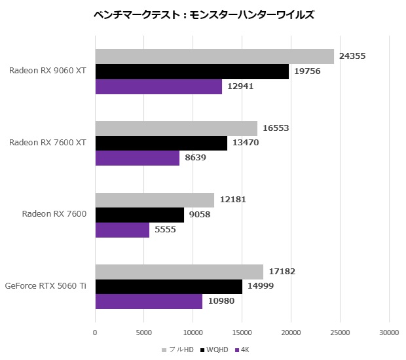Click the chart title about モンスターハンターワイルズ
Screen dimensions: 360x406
(x=204, y=14)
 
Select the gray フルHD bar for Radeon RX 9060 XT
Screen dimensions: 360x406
(x=214, y=56)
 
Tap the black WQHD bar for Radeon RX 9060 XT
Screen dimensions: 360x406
(x=192, y=71)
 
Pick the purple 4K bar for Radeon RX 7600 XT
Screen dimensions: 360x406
(x=137, y=158)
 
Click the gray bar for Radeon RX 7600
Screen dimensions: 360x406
(x=155, y=200)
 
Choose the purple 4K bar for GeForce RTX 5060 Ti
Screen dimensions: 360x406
(x=149, y=301)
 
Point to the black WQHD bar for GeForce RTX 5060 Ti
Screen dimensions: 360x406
(x=168, y=286)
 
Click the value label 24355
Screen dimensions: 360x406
(x=352, y=56)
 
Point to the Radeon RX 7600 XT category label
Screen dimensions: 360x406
(x=48, y=143)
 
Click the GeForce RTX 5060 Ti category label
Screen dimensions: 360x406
(x=45, y=286)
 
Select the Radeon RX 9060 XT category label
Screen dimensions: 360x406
(x=48, y=71)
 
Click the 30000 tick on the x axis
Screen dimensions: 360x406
(x=389, y=333)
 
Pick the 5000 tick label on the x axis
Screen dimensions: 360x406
(x=144, y=333)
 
